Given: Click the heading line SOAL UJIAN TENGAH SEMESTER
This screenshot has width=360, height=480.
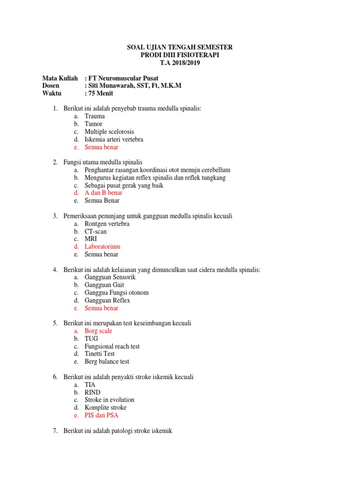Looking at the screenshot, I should (x=180, y=47).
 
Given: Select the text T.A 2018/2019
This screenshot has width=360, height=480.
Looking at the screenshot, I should (x=180, y=63).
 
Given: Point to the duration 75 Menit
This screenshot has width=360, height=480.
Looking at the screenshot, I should (x=101, y=93).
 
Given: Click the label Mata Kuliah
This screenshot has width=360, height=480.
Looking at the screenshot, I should (x=60, y=78).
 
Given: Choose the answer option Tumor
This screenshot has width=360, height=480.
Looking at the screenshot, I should (x=93, y=124).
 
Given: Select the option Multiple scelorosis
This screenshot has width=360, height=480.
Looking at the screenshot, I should (x=109, y=132).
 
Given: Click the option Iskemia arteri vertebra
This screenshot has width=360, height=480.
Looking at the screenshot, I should (x=114, y=139).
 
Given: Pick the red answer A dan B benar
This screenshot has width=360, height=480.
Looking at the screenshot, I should (x=103, y=193).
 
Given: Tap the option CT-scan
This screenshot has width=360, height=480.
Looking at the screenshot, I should (x=96, y=232).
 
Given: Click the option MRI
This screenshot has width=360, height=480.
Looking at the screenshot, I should (x=90, y=239).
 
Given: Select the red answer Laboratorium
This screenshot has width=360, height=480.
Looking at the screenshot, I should (x=102, y=247).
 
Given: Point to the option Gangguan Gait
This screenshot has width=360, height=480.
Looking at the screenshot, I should (x=104, y=285).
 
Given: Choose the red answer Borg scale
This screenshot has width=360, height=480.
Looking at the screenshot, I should (x=98, y=331).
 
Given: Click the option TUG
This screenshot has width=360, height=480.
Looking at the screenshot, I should (x=91, y=338).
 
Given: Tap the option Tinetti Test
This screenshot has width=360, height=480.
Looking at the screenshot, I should (x=99, y=354).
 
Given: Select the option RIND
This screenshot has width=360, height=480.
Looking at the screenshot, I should (x=92, y=392).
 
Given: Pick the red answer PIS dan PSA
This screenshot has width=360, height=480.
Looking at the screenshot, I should (x=102, y=415).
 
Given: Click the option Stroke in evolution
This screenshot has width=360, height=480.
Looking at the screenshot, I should (x=109, y=400).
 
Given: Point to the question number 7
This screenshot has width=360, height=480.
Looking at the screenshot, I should (x=55, y=431).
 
